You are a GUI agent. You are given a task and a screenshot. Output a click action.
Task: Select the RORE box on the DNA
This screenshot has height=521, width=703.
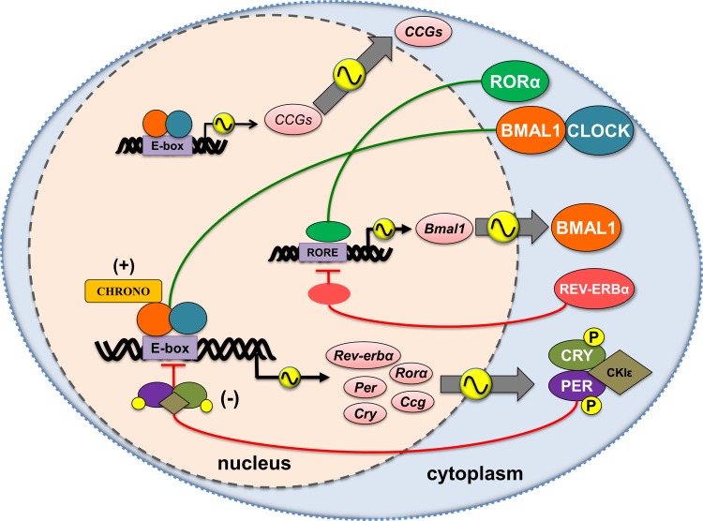(x=320, y=249)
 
